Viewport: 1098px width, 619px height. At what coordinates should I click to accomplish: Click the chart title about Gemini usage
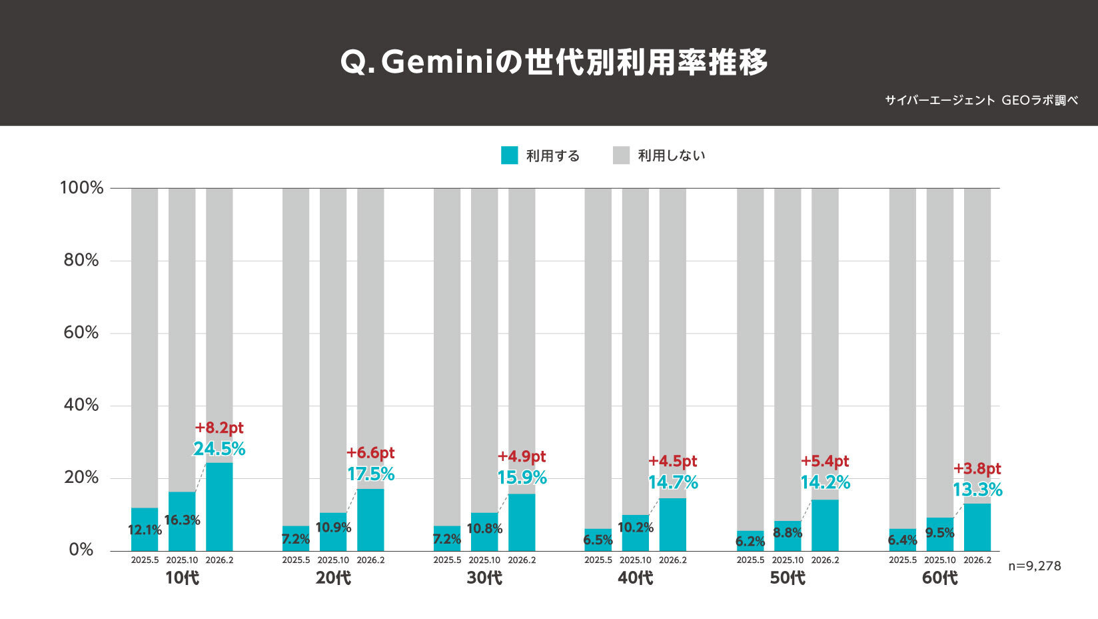point(554,63)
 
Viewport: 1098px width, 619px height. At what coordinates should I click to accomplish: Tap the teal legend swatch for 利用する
point(509,155)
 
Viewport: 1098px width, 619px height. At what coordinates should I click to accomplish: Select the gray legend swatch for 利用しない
point(621,155)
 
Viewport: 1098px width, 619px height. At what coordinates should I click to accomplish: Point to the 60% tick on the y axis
point(81,333)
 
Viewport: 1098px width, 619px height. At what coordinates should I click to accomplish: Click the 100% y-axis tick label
point(82,188)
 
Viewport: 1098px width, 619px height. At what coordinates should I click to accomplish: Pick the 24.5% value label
point(219,449)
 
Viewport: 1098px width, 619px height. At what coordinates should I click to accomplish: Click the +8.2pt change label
point(219,428)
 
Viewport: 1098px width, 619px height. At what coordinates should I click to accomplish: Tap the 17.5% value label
point(370,474)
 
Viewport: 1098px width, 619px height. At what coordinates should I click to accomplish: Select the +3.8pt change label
point(977,468)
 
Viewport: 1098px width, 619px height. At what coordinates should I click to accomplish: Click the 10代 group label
point(182,578)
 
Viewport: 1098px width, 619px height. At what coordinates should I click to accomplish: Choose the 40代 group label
point(635,578)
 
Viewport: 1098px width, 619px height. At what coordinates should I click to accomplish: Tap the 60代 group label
point(939,578)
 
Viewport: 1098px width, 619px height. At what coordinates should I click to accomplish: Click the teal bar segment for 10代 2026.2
point(219,507)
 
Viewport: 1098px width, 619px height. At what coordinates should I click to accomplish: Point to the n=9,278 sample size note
point(1034,566)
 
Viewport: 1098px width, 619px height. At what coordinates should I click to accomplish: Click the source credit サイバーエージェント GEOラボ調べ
point(981,101)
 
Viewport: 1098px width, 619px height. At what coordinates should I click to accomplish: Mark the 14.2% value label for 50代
point(825,482)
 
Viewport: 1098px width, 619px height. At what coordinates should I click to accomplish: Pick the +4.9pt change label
point(522,457)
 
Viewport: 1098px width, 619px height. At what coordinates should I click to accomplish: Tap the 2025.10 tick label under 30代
point(484,560)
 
